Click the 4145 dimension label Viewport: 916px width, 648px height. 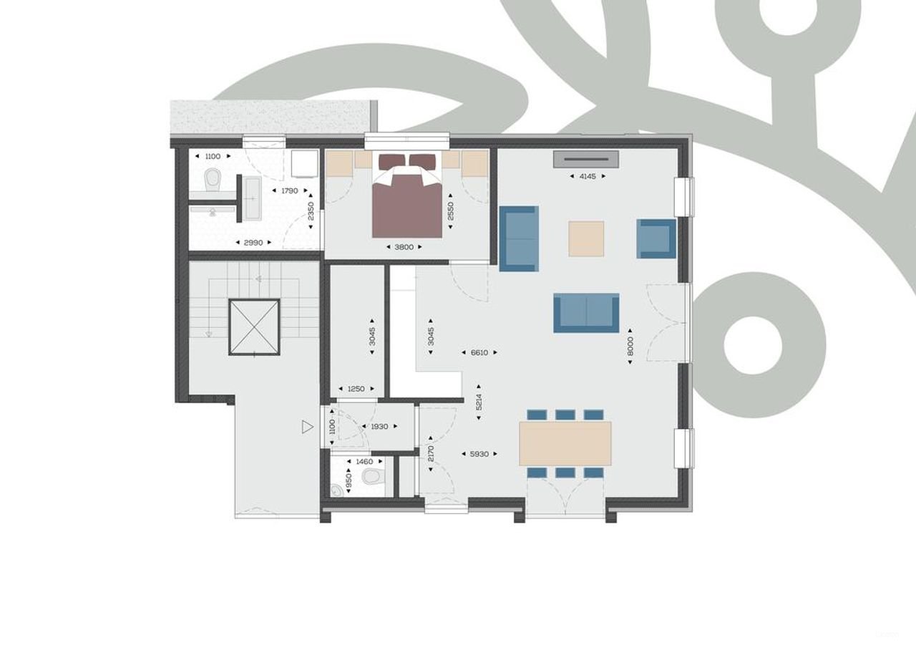pos(587,175)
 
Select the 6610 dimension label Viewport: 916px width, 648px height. pos(479,352)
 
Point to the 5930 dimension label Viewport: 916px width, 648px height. pos(479,454)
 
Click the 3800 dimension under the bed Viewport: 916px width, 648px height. pos(404,247)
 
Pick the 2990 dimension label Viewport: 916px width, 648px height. pos(253,243)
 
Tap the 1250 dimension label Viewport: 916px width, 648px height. pos(356,389)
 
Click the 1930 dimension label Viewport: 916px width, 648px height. pos(379,427)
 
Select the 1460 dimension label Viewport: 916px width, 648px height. pos(364,462)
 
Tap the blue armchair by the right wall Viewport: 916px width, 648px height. pos(656,239)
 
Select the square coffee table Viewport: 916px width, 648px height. pos(586,239)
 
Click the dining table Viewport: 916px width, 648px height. pos(565,443)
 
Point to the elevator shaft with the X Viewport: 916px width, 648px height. pos(254,327)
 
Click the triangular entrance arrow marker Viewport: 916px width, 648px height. pos(307,427)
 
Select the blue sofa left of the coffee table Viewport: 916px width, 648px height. pos(518,238)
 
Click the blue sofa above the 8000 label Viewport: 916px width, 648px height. pos(586,313)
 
